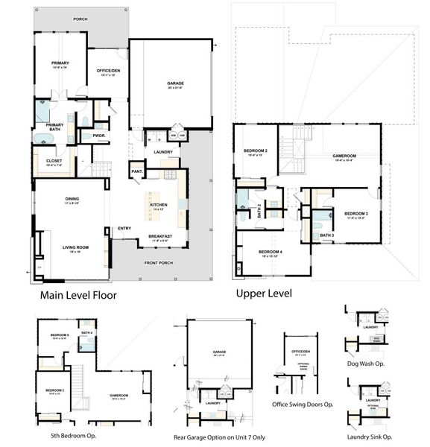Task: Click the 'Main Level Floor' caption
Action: tap(78, 295)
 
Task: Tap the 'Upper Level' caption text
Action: tap(263, 293)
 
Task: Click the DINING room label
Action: tap(72, 200)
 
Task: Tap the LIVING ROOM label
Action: tap(75, 248)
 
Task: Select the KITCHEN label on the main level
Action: tap(159, 206)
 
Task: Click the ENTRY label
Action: tap(124, 229)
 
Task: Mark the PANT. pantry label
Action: tap(136, 171)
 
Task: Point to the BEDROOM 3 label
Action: tap(354, 215)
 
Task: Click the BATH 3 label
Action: tap(326, 235)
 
